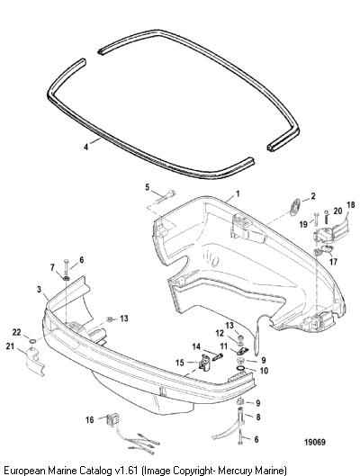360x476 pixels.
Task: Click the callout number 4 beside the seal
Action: (86, 147)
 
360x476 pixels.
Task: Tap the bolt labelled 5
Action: (166, 196)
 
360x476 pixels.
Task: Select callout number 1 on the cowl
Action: (238, 193)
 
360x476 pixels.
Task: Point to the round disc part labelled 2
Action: (294, 207)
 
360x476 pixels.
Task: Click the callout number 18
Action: (350, 205)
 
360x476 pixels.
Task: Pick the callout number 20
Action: (337, 211)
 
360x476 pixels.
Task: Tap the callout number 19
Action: (303, 224)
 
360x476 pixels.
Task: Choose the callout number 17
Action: (333, 261)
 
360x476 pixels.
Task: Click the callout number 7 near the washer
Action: (52, 267)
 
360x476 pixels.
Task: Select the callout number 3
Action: (39, 290)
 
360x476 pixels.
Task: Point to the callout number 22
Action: (16, 333)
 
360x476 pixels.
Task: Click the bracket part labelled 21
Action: (34, 361)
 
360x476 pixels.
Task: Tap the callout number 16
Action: (89, 420)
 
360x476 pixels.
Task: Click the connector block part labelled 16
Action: (110, 421)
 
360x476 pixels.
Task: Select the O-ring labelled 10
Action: (240, 369)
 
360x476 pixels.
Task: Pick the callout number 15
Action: (180, 363)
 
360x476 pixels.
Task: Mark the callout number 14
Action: (196, 346)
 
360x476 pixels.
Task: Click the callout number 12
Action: (220, 333)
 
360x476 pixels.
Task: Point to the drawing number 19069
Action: (315, 442)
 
